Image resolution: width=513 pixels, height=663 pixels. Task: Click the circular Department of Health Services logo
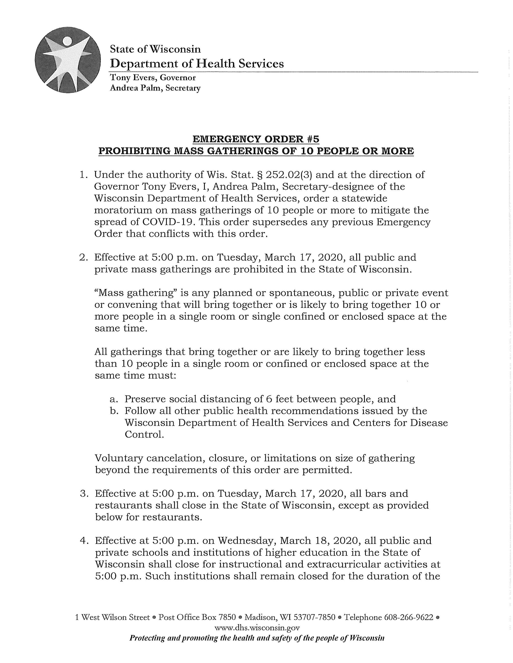[67, 60]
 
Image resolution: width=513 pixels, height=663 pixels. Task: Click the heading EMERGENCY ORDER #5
[256, 139]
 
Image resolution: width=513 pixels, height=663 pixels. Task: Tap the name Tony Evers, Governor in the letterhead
[153, 78]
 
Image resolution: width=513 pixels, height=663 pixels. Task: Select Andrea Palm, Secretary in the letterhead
[155, 88]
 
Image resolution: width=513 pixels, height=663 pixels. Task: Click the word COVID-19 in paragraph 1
[168, 222]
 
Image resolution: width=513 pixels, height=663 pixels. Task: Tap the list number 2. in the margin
[83, 258]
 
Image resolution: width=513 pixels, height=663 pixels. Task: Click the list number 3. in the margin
[84, 494]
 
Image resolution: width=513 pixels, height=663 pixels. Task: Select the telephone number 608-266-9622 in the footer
[408, 617]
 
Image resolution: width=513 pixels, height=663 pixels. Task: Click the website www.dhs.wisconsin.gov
[257, 628]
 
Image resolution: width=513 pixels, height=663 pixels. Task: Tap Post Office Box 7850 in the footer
[197, 617]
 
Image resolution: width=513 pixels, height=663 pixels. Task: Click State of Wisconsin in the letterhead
[155, 49]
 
